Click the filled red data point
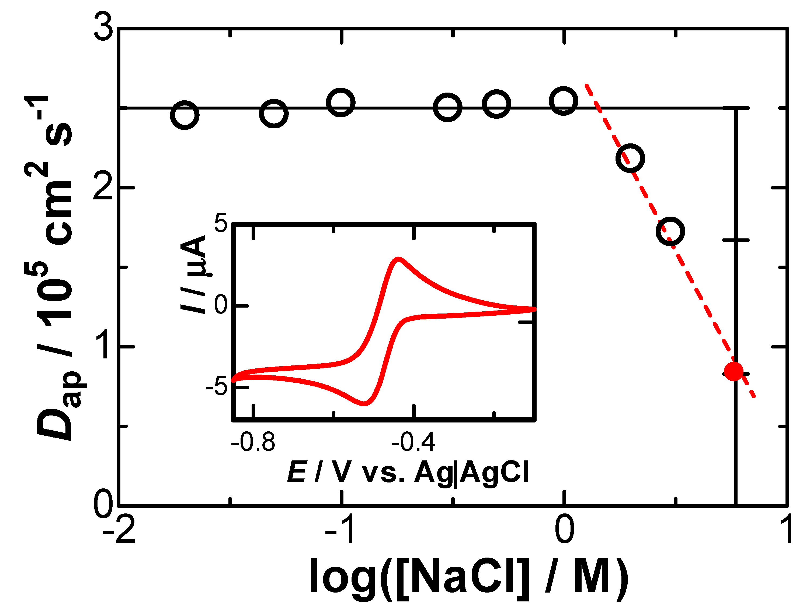733,371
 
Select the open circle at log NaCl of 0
564,101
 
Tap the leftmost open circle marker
185,115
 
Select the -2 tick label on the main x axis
119,530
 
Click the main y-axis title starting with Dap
55,270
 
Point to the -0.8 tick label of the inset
253,442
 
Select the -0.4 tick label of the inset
413,442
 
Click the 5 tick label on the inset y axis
221,223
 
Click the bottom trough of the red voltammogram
364,403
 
